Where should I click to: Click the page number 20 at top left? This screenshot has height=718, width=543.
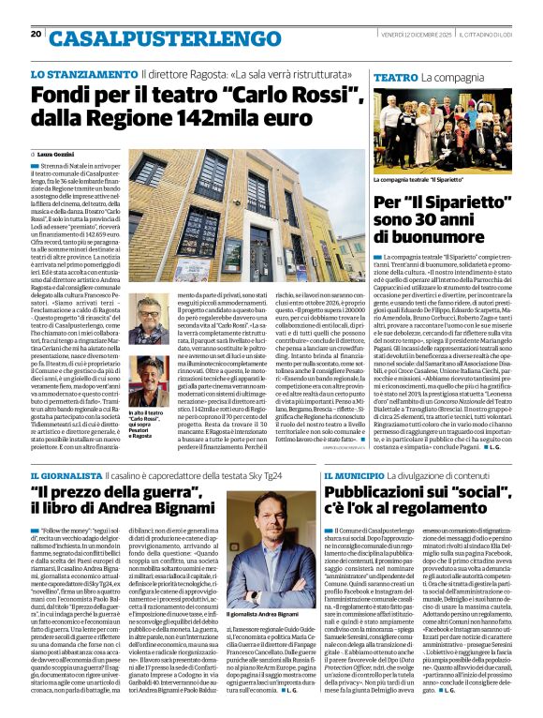coord(36,35)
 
